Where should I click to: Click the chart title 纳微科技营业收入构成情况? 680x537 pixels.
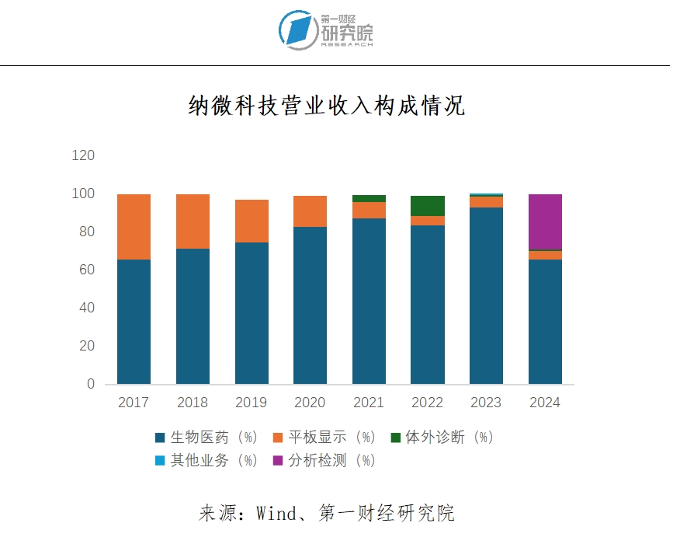pyautogui.click(x=327, y=106)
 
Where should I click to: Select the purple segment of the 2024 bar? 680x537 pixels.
pyautogui.click(x=545, y=221)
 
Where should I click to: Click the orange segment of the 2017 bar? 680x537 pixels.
pyautogui.click(x=134, y=226)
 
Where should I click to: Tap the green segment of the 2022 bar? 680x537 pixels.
pyautogui.click(x=428, y=206)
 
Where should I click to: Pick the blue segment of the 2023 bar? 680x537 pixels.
pyautogui.click(x=486, y=295)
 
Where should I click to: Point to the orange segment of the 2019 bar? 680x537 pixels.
pyautogui.click(x=252, y=221)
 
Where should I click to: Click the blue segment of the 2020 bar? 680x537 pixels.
pyautogui.click(x=311, y=305)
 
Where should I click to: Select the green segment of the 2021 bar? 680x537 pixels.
pyautogui.click(x=369, y=198)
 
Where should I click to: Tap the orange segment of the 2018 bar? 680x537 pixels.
pyautogui.click(x=193, y=221)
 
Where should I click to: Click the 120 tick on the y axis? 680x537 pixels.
pyautogui.click(x=83, y=155)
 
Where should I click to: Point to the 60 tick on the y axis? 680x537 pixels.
pyautogui.click(x=86, y=270)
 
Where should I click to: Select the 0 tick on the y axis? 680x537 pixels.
pyautogui.click(x=90, y=384)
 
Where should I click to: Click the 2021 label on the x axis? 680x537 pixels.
pyautogui.click(x=369, y=403)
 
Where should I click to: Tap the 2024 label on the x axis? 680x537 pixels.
pyautogui.click(x=545, y=403)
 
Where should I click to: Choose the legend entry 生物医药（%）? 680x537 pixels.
pyautogui.click(x=206, y=437)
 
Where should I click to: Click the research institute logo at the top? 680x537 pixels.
pyautogui.click(x=327, y=30)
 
